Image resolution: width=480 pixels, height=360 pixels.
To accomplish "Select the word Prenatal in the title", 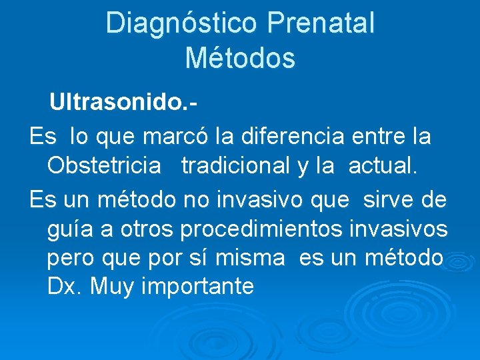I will coord(321,23).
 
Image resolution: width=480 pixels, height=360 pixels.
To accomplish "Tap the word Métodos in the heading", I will coord(240,58).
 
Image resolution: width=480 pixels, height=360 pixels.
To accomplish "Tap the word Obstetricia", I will coord(104,167).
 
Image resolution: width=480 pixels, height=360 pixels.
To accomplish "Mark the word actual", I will coord(382,167).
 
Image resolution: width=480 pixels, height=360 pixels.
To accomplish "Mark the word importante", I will coord(199,287).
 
